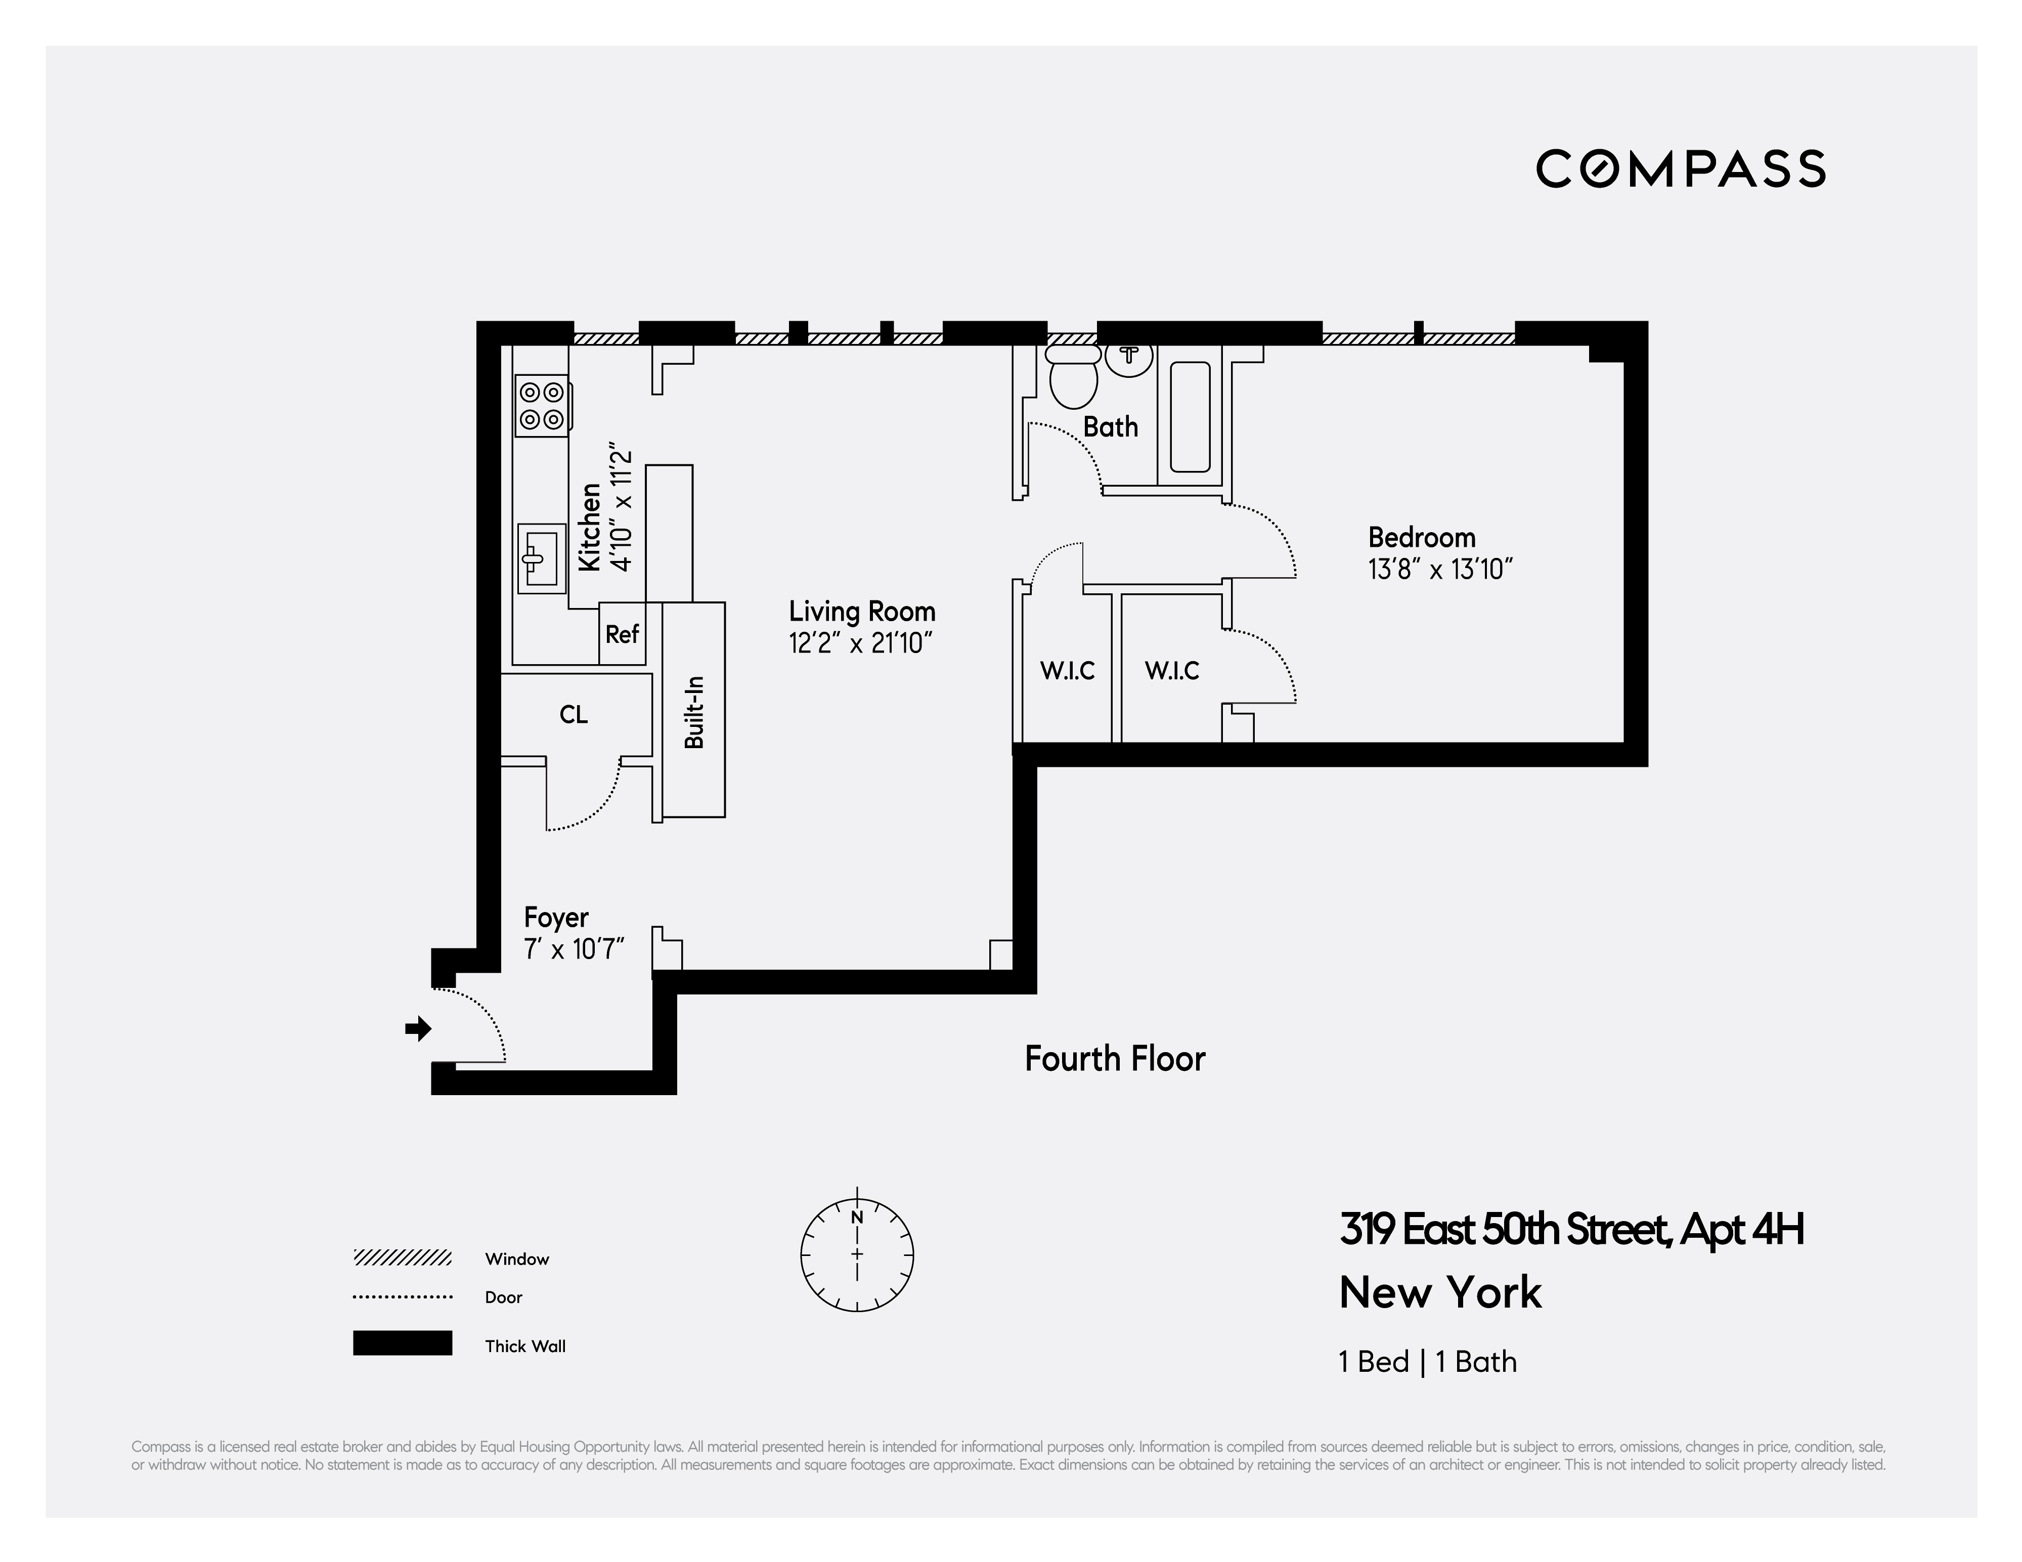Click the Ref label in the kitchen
tap(622, 634)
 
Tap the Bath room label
tap(1110, 427)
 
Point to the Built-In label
tap(694, 712)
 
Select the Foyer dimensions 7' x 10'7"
tap(574, 949)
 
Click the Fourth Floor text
tap(1115, 1058)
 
